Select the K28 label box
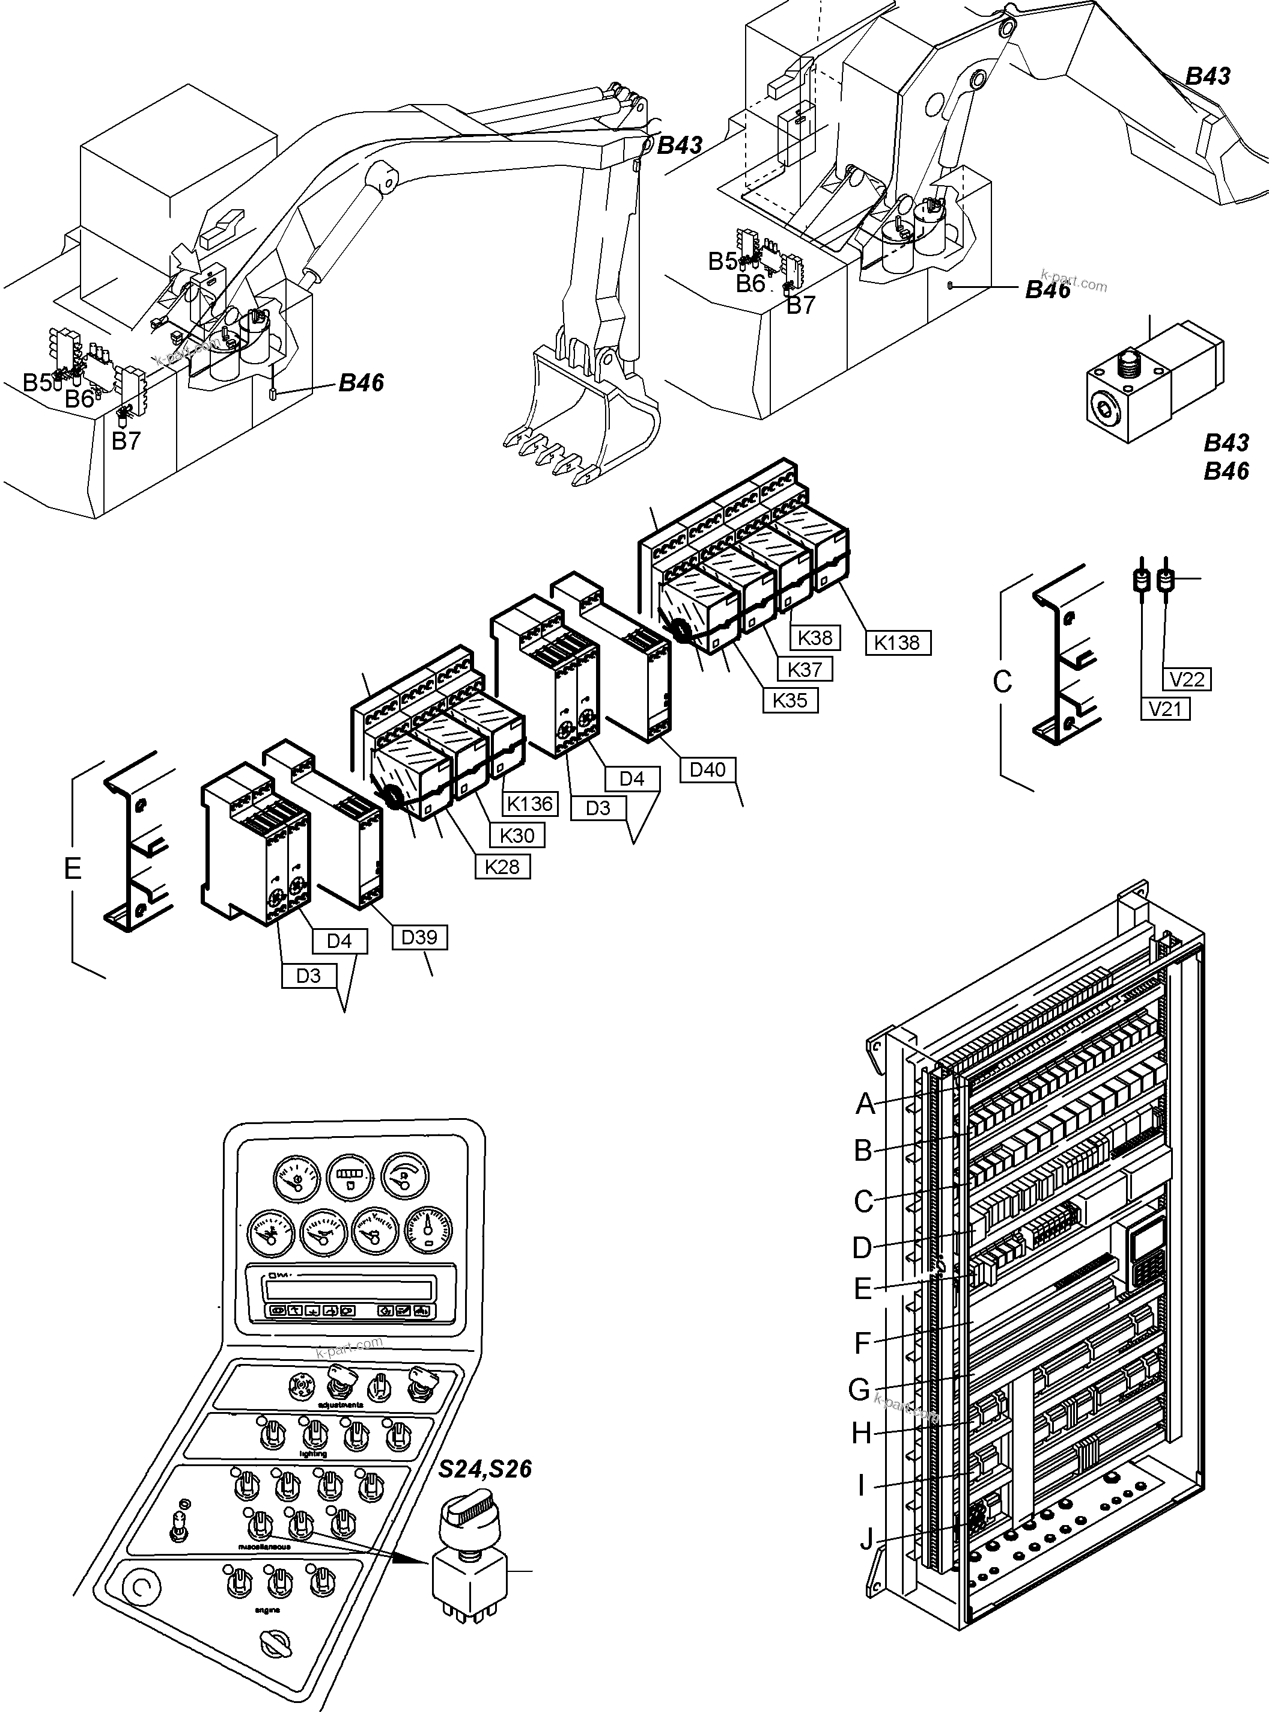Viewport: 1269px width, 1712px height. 502,867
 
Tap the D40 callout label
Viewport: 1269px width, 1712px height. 707,769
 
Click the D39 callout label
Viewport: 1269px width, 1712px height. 419,937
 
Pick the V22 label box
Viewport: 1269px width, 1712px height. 1187,679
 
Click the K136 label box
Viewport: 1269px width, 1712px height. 530,804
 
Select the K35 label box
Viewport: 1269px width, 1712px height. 791,701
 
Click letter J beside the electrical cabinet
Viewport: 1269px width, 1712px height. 866,1538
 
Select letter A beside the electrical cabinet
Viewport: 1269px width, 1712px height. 866,1104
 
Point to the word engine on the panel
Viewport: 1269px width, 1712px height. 267,1610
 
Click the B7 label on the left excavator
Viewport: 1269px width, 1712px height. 126,441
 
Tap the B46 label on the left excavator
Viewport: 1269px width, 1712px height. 361,383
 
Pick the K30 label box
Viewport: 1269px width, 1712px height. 517,835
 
